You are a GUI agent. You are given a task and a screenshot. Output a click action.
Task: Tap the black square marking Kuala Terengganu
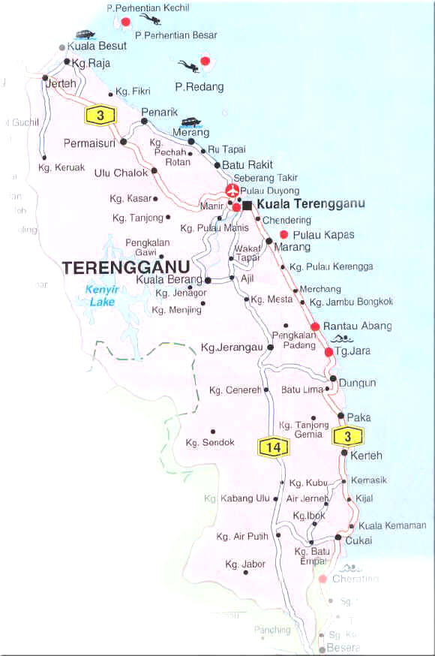pos(247,204)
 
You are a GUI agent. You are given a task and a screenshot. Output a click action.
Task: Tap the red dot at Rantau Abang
pos(316,326)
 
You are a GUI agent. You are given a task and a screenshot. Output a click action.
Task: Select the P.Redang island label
pos(199,87)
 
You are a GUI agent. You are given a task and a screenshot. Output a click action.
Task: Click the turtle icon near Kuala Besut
pos(84,35)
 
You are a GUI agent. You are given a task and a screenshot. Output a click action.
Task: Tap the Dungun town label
pos(357,384)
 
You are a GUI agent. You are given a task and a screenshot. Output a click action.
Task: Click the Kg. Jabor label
pos(245,564)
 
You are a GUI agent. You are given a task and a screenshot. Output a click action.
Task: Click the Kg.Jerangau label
pos(232,348)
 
